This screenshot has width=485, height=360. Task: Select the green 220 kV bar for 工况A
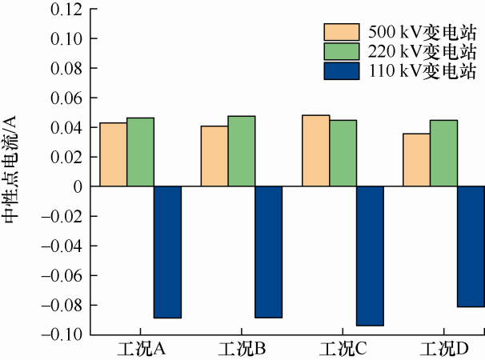pyautogui.click(x=140, y=152)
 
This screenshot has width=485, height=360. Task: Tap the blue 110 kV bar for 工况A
pyautogui.click(x=167, y=252)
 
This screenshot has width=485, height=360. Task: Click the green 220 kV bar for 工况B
pyautogui.click(x=241, y=151)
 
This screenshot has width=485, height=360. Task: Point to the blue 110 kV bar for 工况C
pyautogui.click(x=370, y=256)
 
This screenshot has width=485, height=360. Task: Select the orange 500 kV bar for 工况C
pyautogui.click(x=315, y=150)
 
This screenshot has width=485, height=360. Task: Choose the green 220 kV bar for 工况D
pyautogui.click(x=443, y=153)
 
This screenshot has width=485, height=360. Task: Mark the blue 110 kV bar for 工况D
pyautogui.click(x=471, y=246)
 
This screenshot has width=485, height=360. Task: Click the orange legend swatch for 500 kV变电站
pyautogui.click(x=343, y=32)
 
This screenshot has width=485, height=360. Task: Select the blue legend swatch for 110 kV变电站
pyautogui.click(x=343, y=71)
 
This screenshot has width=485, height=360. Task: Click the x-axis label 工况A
pyautogui.click(x=139, y=350)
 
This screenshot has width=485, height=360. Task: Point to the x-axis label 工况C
pyautogui.click(x=343, y=350)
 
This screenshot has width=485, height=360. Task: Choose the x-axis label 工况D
pyautogui.click(x=443, y=350)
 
